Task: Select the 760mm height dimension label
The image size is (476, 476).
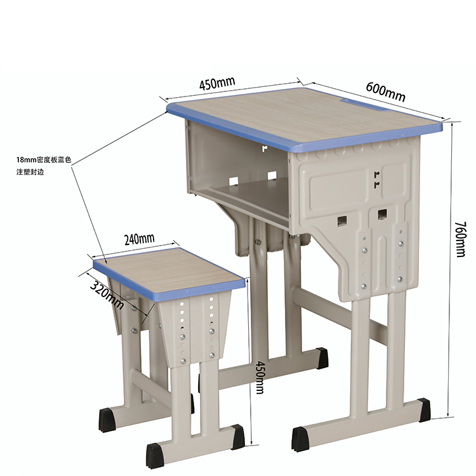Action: click(460, 239)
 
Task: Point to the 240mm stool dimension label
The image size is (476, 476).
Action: click(140, 239)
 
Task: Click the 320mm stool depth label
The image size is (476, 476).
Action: click(107, 294)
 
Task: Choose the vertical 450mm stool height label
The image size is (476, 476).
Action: click(260, 377)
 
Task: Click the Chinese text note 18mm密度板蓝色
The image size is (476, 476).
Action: click(44, 160)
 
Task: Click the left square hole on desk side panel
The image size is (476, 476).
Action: click(343, 220)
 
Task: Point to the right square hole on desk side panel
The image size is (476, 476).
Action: click(383, 214)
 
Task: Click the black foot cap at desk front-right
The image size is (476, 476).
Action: click(423, 410)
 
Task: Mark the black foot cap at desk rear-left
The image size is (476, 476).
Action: click(322, 358)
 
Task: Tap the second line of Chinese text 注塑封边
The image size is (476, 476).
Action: click(30, 172)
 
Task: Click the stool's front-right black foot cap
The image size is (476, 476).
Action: click(238, 437)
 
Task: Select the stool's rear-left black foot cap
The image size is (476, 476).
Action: click(107, 420)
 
